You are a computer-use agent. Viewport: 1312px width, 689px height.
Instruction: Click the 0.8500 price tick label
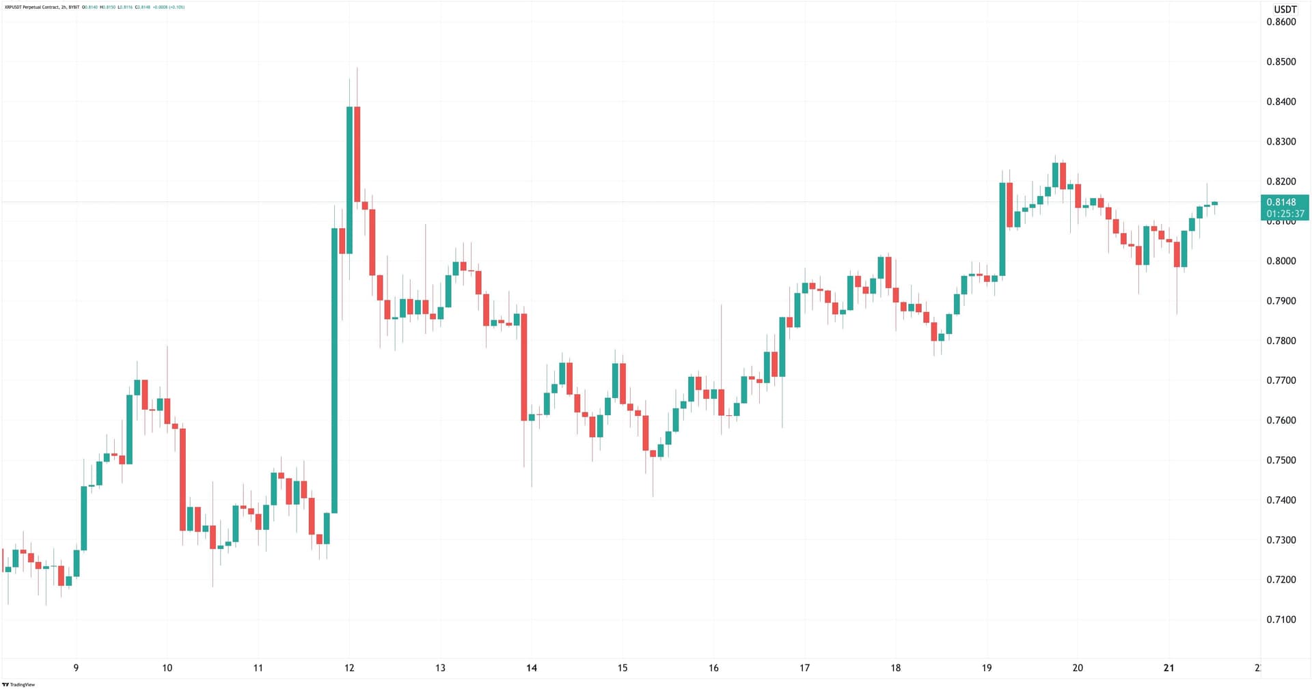pos(1281,61)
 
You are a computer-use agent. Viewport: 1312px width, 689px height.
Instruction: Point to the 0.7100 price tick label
pos(1281,619)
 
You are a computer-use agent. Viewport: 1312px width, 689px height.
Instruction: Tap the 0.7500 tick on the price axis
pos(1281,460)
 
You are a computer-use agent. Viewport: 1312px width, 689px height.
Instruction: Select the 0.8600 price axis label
pos(1281,22)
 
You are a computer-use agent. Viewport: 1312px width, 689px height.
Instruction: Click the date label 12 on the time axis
pos(349,668)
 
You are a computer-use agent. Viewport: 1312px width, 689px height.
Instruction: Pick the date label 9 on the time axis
pos(76,668)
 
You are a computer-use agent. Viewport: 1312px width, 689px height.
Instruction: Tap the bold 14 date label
pos(532,668)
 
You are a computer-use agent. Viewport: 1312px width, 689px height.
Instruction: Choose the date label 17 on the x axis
pos(804,668)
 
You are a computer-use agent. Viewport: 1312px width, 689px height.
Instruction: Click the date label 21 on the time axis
pos(1168,668)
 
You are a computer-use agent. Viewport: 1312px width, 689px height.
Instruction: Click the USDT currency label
pos(1285,10)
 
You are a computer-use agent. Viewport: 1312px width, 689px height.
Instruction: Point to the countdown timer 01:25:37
pos(1285,214)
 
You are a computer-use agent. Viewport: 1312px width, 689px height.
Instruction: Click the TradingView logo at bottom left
pos(18,684)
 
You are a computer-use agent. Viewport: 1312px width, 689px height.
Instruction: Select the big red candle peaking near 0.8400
pos(357,154)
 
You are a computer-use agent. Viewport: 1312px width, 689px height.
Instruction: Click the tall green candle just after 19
pos(1002,229)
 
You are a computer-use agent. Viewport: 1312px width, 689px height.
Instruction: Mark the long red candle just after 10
pos(182,479)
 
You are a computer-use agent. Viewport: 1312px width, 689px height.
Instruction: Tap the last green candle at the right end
pos(1214,203)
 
